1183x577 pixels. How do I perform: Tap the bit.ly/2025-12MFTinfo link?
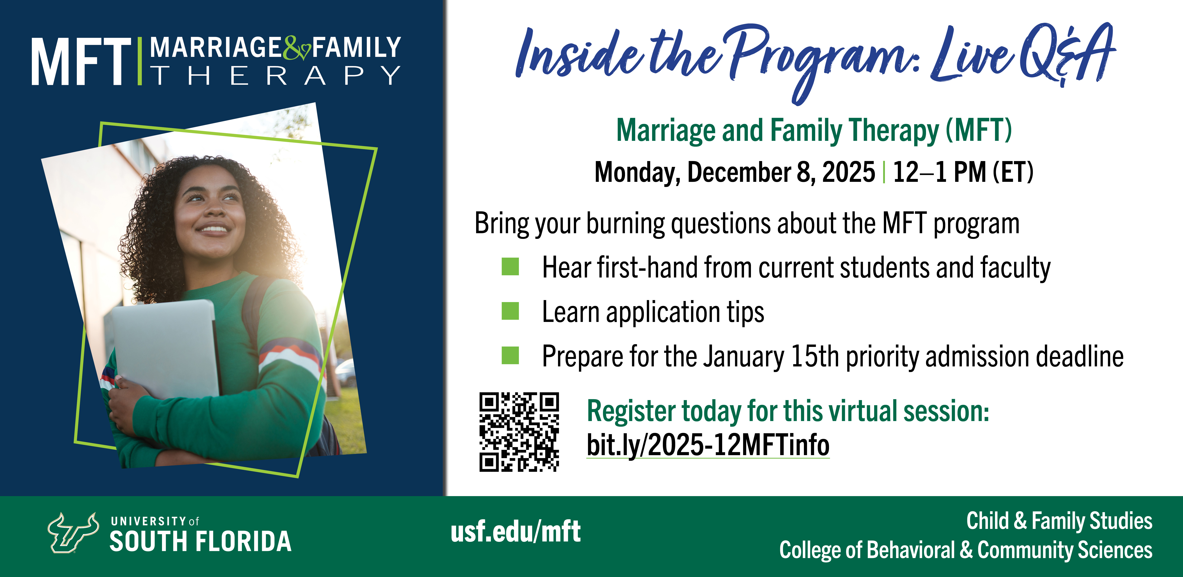point(708,445)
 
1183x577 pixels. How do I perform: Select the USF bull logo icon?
point(74,532)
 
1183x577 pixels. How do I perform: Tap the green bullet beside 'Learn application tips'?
point(510,311)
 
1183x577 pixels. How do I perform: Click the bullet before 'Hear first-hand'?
point(510,267)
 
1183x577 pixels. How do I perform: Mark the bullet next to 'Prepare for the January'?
point(510,355)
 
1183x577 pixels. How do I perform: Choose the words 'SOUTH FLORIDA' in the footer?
point(201,541)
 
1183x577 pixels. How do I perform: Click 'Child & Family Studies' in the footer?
point(1059,521)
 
